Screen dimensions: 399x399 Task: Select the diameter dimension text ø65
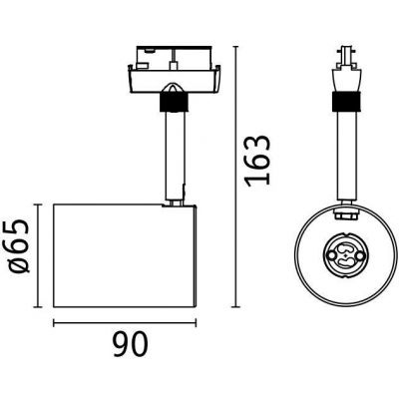pyautogui.click(x=17, y=254)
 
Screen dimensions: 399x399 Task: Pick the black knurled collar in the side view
pyautogui.click(x=173, y=100)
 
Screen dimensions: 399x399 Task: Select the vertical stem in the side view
pyautogui.click(x=173, y=150)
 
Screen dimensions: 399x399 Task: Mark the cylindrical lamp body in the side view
pyautogui.click(x=122, y=255)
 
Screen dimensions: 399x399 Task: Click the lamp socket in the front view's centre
pyautogui.click(x=346, y=255)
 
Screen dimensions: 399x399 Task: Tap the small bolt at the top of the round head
pyautogui.click(x=346, y=212)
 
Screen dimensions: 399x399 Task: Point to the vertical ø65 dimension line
pyautogui.click(x=39, y=255)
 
